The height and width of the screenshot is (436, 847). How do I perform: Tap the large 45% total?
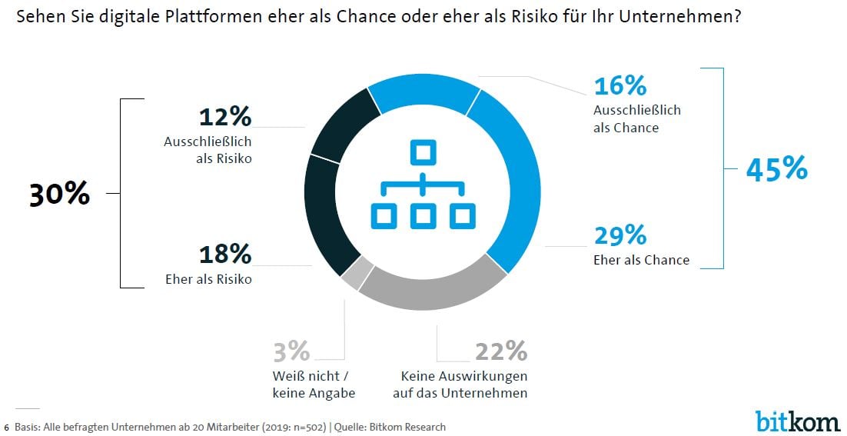[776, 168]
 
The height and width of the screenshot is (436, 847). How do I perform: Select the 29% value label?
[620, 235]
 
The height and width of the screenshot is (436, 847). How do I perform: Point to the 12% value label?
[224, 117]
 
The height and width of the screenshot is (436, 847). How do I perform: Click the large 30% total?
[59, 195]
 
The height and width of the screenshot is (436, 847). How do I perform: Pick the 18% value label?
[224, 255]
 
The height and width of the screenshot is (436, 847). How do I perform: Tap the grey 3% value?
[291, 351]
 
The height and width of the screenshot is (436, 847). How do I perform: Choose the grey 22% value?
[501, 351]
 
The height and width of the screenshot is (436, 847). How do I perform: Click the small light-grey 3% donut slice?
[357, 275]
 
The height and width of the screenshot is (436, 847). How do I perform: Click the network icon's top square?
[421, 151]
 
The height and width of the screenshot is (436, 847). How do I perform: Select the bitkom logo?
[797, 421]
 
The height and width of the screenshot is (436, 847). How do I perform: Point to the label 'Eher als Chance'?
[641, 260]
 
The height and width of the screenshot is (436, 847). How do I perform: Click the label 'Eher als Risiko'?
[208, 279]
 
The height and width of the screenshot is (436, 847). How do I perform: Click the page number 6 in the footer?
[7, 427]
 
